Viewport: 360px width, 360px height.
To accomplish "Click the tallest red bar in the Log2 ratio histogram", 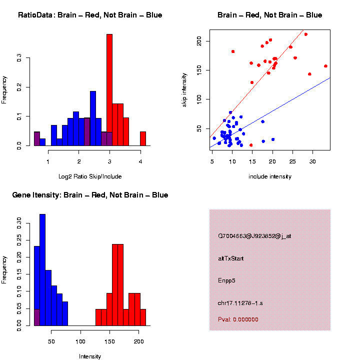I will (x=109, y=90).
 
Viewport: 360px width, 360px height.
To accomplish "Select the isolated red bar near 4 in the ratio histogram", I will (x=143, y=138).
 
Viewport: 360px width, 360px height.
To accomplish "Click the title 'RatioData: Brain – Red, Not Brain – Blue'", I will (x=90, y=15).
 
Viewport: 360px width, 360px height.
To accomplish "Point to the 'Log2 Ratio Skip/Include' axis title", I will (x=90, y=176).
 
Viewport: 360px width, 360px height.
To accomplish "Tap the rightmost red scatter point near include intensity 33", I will (x=325, y=66).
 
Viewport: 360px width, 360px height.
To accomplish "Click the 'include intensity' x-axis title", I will (x=270, y=176).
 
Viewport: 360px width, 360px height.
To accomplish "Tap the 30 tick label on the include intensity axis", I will (x=312, y=161).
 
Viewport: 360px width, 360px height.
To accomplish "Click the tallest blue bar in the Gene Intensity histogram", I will (x=42, y=270).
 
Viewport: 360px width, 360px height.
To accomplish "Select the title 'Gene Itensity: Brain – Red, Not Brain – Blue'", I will (x=90, y=195).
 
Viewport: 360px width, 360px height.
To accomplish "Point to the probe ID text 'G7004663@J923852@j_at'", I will (x=254, y=236).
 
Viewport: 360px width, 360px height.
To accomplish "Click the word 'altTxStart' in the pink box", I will (x=231, y=258).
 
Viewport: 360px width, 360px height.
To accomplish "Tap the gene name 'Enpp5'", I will (x=226, y=280).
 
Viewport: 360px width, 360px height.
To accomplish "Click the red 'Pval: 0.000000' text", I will (x=238, y=319).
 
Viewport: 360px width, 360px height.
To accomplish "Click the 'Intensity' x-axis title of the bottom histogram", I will (x=90, y=356).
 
